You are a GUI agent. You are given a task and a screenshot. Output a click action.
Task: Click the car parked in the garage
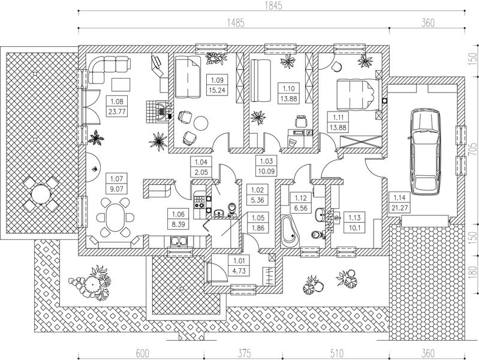[x=426, y=152]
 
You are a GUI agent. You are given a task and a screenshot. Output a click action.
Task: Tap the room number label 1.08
[x=118, y=101]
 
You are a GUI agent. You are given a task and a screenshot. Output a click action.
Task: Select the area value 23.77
[x=118, y=112]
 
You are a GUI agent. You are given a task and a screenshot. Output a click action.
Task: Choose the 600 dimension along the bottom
[x=142, y=353]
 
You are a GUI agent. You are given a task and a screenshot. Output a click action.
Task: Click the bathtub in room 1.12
[x=290, y=231]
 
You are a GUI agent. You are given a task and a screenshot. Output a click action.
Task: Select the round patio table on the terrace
[x=41, y=194]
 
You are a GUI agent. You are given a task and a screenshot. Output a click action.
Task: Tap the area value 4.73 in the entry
[x=239, y=271]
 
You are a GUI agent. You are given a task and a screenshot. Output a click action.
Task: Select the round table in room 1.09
[x=201, y=123]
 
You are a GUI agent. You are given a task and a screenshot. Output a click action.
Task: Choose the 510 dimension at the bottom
[x=336, y=353]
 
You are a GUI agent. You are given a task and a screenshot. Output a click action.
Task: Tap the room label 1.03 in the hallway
[x=266, y=161]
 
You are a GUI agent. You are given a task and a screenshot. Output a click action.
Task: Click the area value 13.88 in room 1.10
[x=288, y=99]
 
